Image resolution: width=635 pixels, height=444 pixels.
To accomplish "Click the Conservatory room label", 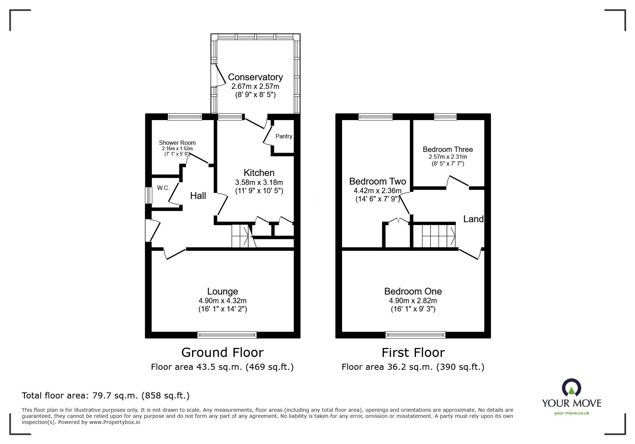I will (255, 77).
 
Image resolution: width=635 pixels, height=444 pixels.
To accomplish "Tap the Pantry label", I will (284, 137).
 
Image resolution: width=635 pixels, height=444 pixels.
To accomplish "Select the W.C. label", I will (163, 188).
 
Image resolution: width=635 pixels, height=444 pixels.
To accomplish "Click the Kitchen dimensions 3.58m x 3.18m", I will (259, 182).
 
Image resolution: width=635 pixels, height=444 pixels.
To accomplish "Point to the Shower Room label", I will (177, 143).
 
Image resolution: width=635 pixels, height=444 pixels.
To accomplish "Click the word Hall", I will (198, 196).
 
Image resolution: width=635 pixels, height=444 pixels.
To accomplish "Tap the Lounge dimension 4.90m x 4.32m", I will (222, 301).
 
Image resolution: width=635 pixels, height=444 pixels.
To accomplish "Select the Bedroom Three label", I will (447, 149).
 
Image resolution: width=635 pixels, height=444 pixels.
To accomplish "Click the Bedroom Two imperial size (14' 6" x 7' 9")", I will (377, 199).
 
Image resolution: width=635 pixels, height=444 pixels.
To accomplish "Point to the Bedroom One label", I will (413, 291).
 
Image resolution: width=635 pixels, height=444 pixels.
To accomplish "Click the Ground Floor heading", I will (222, 353).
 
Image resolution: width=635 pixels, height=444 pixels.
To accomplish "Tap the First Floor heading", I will (413, 353).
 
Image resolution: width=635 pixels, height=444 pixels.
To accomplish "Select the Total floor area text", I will (106, 396).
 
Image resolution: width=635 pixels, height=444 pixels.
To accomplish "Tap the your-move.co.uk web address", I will (572, 413).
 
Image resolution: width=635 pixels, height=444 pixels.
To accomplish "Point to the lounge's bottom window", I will (227, 335).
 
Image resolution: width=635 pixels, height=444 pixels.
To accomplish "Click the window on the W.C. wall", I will (148, 196).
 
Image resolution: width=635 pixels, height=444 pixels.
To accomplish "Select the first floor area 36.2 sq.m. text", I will (413, 367).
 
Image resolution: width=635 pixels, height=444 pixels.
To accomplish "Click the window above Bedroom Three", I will (445, 116).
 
